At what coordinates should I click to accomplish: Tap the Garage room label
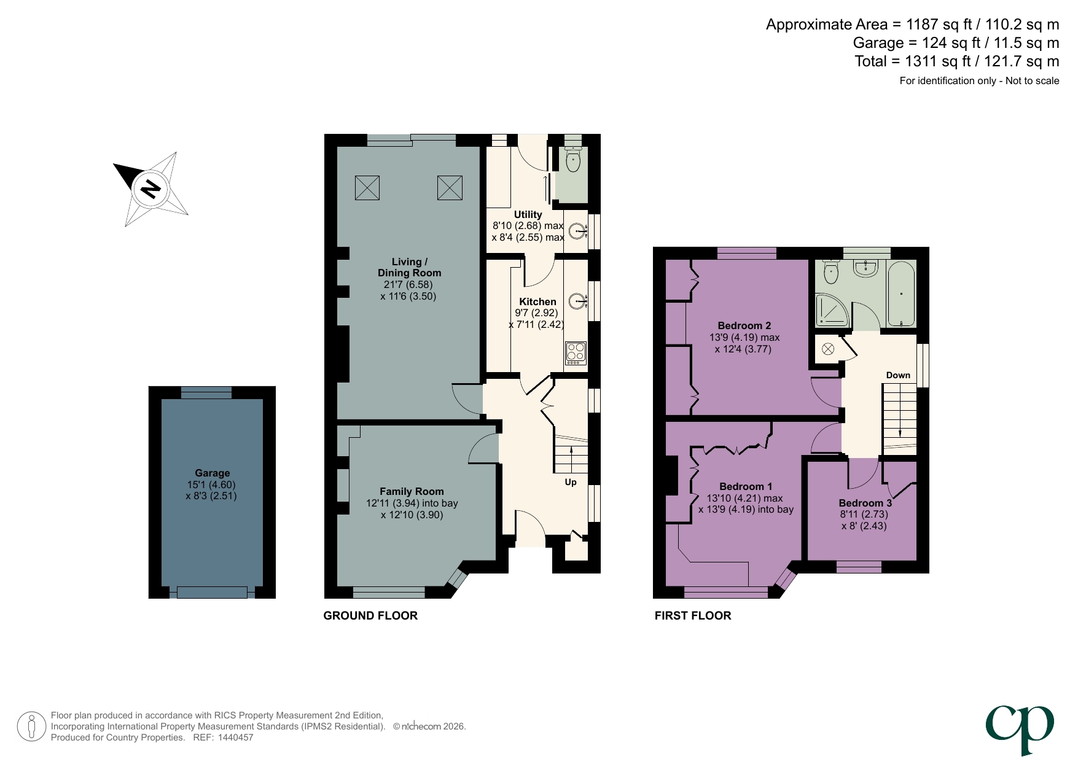tap(212, 473)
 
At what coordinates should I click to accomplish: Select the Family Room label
tap(411, 491)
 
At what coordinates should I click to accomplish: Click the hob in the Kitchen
tap(576, 354)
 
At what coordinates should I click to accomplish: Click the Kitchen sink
tap(577, 301)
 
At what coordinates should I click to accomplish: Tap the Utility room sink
tap(577, 231)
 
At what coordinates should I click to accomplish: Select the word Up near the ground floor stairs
tap(571, 482)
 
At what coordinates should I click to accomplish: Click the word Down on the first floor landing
tap(897, 375)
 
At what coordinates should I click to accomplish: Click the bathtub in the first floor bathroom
tap(901, 294)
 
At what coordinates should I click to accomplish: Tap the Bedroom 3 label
tap(865, 503)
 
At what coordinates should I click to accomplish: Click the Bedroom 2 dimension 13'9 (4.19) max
tap(744, 337)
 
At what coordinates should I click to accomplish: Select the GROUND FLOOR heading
tap(370, 615)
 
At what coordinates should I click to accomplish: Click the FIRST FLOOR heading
tap(692, 615)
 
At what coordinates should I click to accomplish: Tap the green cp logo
tap(1020, 728)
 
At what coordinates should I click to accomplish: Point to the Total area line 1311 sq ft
tap(956, 61)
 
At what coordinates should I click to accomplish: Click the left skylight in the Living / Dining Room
tap(367, 188)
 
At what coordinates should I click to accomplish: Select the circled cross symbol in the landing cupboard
tap(827, 349)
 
